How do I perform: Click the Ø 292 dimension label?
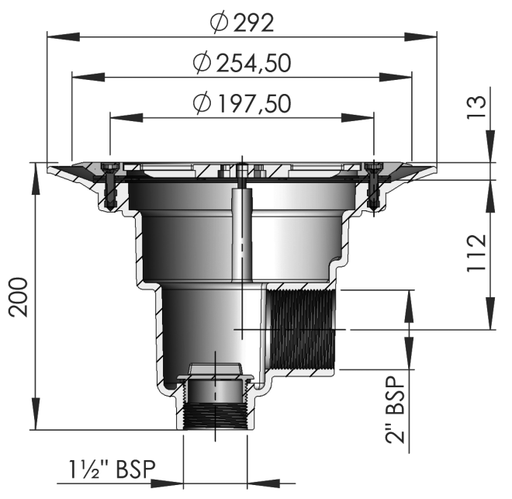242,23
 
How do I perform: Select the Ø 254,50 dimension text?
242,63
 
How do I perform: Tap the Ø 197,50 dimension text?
242,103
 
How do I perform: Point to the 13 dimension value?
477,107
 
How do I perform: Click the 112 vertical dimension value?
477,253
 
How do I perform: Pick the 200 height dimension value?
19,297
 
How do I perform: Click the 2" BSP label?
395,410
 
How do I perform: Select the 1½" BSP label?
112,470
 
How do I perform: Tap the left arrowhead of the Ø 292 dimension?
64,36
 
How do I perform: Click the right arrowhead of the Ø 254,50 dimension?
396,78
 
